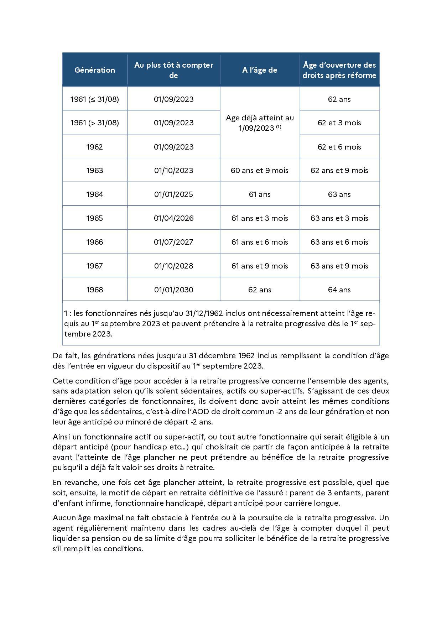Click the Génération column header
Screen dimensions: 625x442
(x=95, y=70)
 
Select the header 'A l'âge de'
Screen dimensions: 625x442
(x=260, y=70)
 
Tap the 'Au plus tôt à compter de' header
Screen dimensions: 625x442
(x=174, y=70)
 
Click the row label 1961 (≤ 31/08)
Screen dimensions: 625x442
(x=95, y=99)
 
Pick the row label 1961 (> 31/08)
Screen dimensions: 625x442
(x=95, y=123)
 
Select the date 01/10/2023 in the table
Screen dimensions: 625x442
(x=174, y=170)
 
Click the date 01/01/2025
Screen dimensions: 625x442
(x=174, y=194)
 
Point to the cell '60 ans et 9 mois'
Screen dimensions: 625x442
(x=260, y=170)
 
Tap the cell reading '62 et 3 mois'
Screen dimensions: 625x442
(x=339, y=123)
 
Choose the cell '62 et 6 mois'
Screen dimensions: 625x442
(x=339, y=147)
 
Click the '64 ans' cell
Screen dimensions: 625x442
(x=339, y=290)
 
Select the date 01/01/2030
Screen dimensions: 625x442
(x=174, y=290)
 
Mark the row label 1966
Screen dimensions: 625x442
(x=95, y=242)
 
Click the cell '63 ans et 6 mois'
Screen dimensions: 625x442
(x=339, y=242)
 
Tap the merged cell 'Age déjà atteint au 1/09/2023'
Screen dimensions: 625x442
(x=260, y=123)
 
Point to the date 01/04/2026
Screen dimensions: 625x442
(x=174, y=218)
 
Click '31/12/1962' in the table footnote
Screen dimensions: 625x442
(x=204, y=313)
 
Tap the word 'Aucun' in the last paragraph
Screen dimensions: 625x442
(x=64, y=517)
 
